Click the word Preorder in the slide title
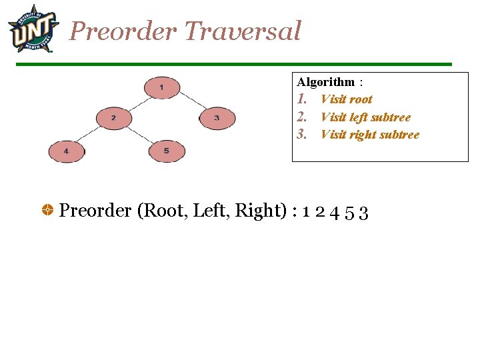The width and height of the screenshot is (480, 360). tap(123, 31)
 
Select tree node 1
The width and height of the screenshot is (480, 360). tap(161, 87)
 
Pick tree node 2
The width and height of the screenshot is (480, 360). tap(114, 119)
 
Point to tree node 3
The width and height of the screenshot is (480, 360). tap(217, 119)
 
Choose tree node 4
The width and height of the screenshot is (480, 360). tap(66, 151)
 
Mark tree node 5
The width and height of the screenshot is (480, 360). tap(166, 151)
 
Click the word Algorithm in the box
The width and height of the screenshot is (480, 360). tap(326, 82)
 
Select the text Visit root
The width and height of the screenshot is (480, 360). tap(346, 99)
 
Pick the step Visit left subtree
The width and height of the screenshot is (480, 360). tap(365, 117)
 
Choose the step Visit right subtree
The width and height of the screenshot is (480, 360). tap(370, 135)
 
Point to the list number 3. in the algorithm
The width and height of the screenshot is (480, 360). tap(302, 135)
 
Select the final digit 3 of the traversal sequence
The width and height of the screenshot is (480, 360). tap(364, 213)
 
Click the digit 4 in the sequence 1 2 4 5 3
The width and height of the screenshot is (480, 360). tap(335, 213)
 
